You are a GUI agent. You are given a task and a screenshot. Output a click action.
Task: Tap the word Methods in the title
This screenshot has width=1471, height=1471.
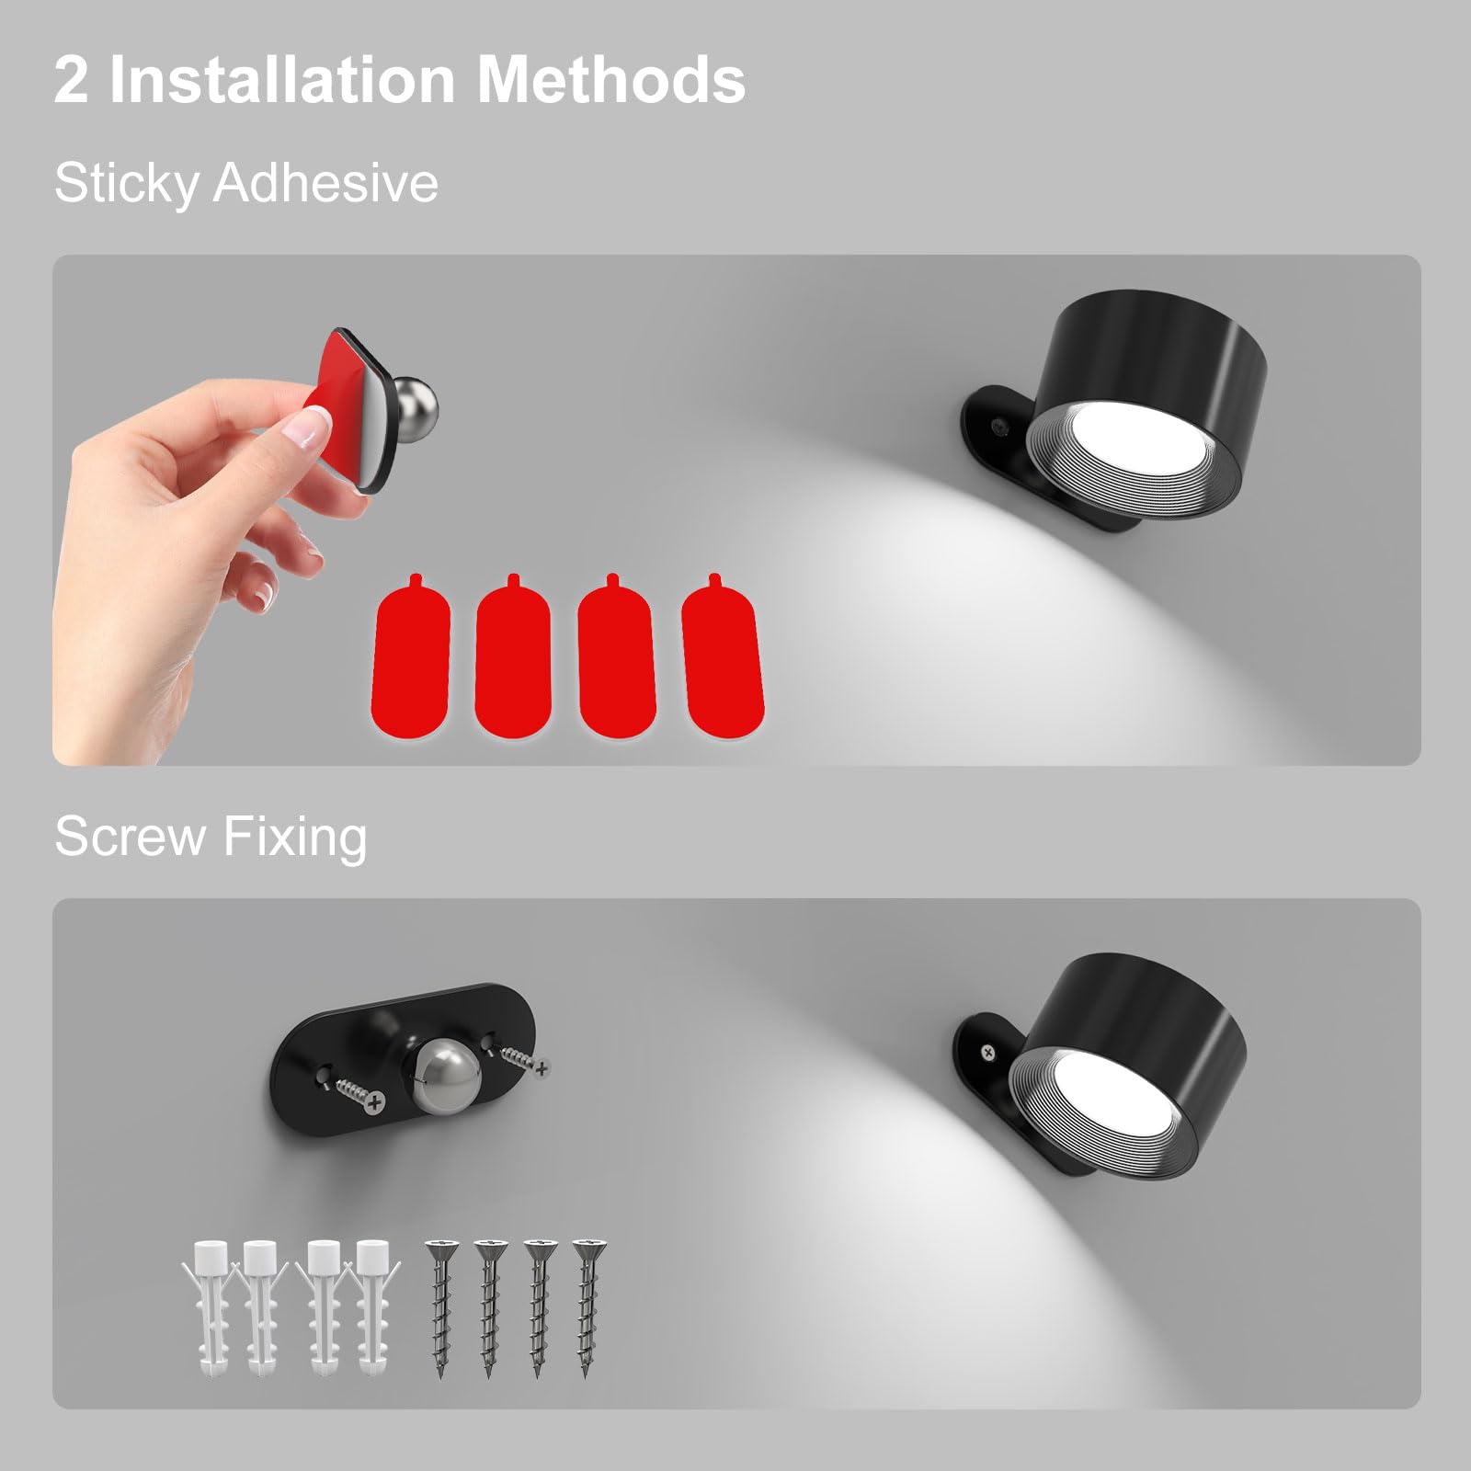click(x=611, y=81)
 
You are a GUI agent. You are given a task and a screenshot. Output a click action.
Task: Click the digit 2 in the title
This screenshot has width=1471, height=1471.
click(x=72, y=81)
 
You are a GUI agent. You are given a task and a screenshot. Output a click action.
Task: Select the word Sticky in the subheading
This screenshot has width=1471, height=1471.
click(x=126, y=183)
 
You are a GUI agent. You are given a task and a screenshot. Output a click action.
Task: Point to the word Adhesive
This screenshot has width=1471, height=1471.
click(x=325, y=182)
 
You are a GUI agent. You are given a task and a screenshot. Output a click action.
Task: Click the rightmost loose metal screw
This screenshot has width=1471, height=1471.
click(x=585, y=1305)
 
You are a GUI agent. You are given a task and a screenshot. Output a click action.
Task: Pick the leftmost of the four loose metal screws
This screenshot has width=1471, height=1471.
click(x=439, y=1306)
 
